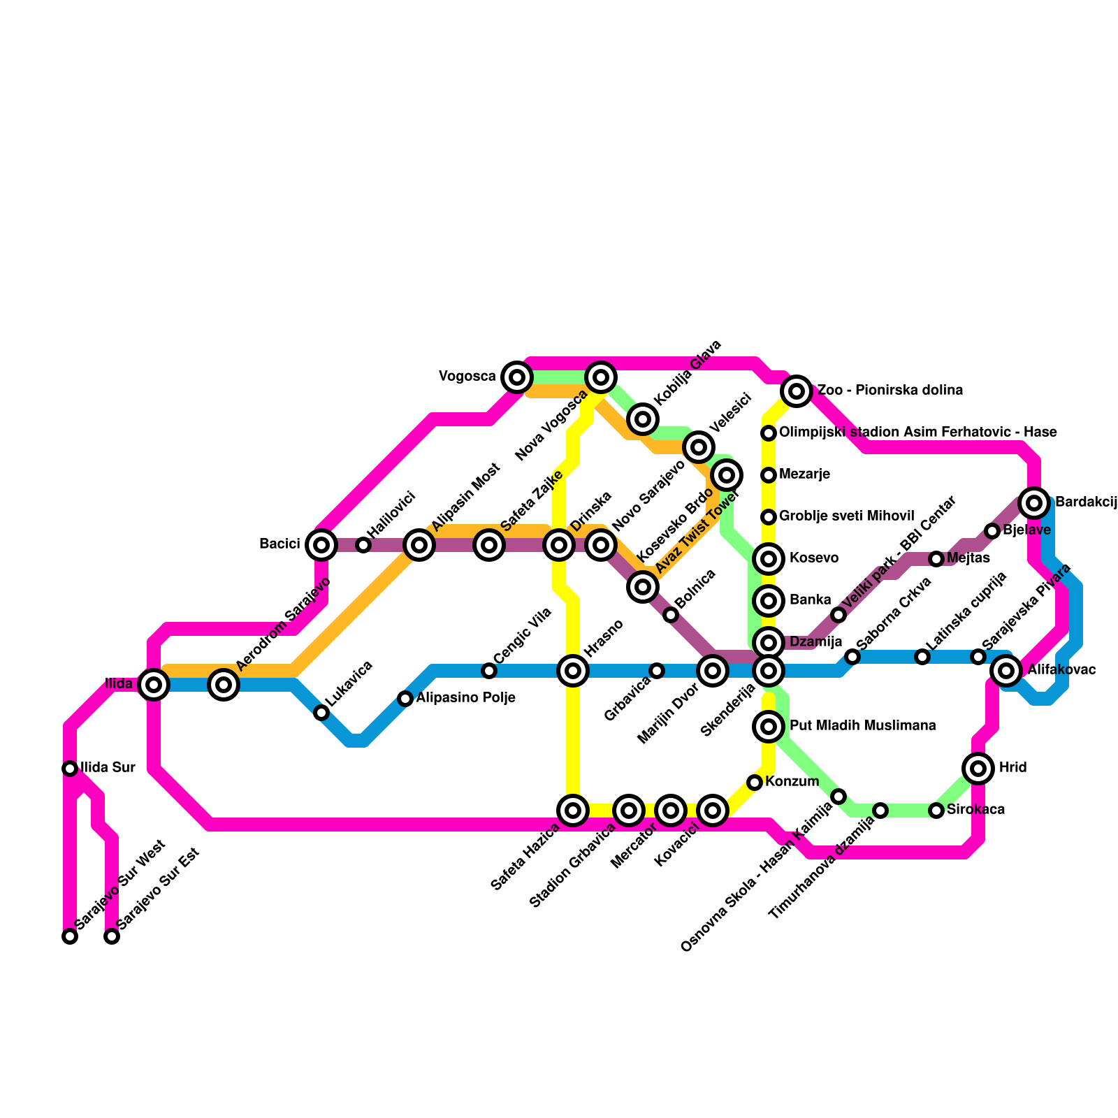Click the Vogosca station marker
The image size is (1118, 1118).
coord(517,377)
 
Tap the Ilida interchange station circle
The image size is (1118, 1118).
coord(154,685)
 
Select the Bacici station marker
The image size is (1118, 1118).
coord(321,545)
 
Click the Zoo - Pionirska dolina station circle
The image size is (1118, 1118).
coord(797,391)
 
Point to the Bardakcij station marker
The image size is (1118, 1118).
coord(1034,502)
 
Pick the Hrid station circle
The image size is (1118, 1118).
coord(978,769)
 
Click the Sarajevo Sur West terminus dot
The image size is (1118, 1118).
coord(70,936)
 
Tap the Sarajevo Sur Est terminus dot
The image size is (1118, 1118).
coord(112,936)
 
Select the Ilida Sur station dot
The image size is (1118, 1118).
coord(70,769)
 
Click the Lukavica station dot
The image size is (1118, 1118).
coord(321,713)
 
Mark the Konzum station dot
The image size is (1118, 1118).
coord(755,783)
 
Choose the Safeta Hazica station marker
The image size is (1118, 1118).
coord(573,811)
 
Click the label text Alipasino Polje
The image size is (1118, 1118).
coord(465,698)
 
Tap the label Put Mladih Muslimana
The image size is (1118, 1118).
coord(862,726)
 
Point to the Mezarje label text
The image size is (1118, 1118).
coord(804,475)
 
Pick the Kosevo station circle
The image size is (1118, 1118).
coord(769,559)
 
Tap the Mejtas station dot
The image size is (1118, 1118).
coord(936,559)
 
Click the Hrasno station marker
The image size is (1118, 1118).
coord(573,671)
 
